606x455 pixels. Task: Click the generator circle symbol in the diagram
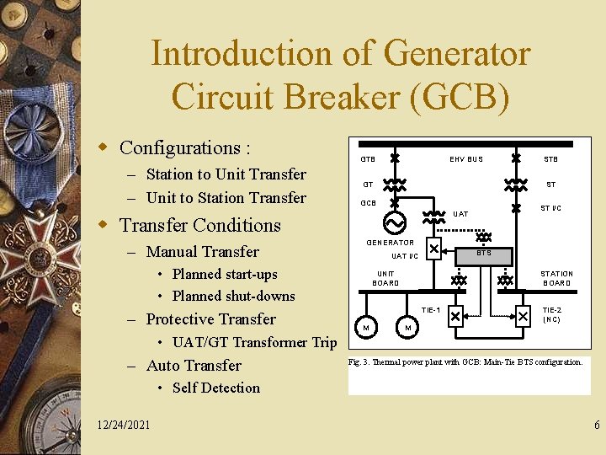[394, 222]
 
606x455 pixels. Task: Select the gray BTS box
[483, 254]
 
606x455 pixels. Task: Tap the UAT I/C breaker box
[433, 249]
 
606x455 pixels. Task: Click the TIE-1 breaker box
[455, 317]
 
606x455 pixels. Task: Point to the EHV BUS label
[465, 159]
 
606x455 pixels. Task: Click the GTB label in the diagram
[368, 159]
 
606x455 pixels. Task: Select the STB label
[550, 159]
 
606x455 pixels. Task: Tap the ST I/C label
[550, 208]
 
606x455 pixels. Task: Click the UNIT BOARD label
[385, 278]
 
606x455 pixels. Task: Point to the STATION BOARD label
[556, 278]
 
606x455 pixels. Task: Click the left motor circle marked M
[366, 327]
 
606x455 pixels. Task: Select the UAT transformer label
[460, 214]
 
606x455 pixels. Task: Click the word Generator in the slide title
[455, 54]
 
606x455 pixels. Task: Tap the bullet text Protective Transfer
[210, 318]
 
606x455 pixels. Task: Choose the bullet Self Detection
[215, 388]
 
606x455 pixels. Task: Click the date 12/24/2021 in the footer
[124, 424]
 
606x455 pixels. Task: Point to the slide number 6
[597, 426]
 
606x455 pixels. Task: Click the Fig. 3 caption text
[465, 361]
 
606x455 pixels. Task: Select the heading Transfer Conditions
[200, 225]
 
